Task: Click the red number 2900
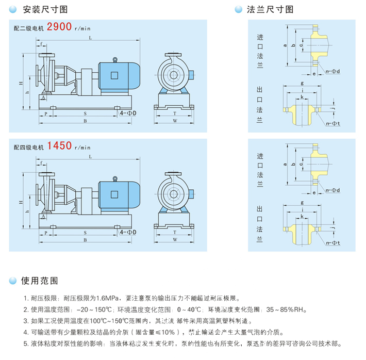59,27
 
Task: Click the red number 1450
59,145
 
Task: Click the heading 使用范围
40,281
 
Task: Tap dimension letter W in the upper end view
175,121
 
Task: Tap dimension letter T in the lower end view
175,233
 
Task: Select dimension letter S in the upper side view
85,112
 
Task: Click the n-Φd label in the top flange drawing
332,71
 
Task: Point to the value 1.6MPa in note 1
108,298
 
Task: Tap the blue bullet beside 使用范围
12,281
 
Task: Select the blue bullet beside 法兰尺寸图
238,9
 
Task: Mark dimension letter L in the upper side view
90,38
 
